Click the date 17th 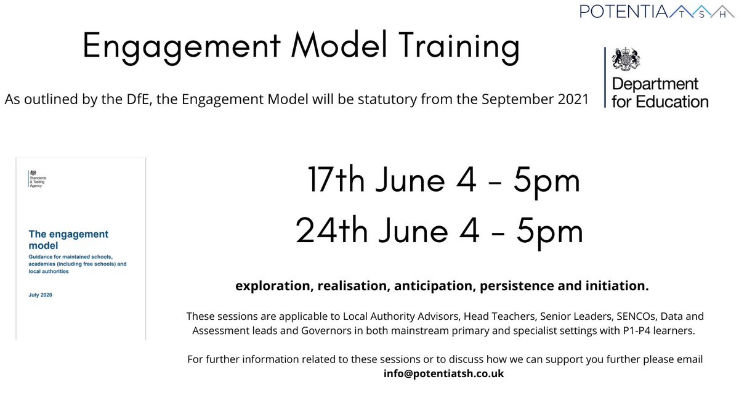(x=336, y=181)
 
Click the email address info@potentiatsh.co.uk (x=443, y=373)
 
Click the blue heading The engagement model (x=68, y=240)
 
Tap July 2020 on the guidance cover (x=41, y=295)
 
